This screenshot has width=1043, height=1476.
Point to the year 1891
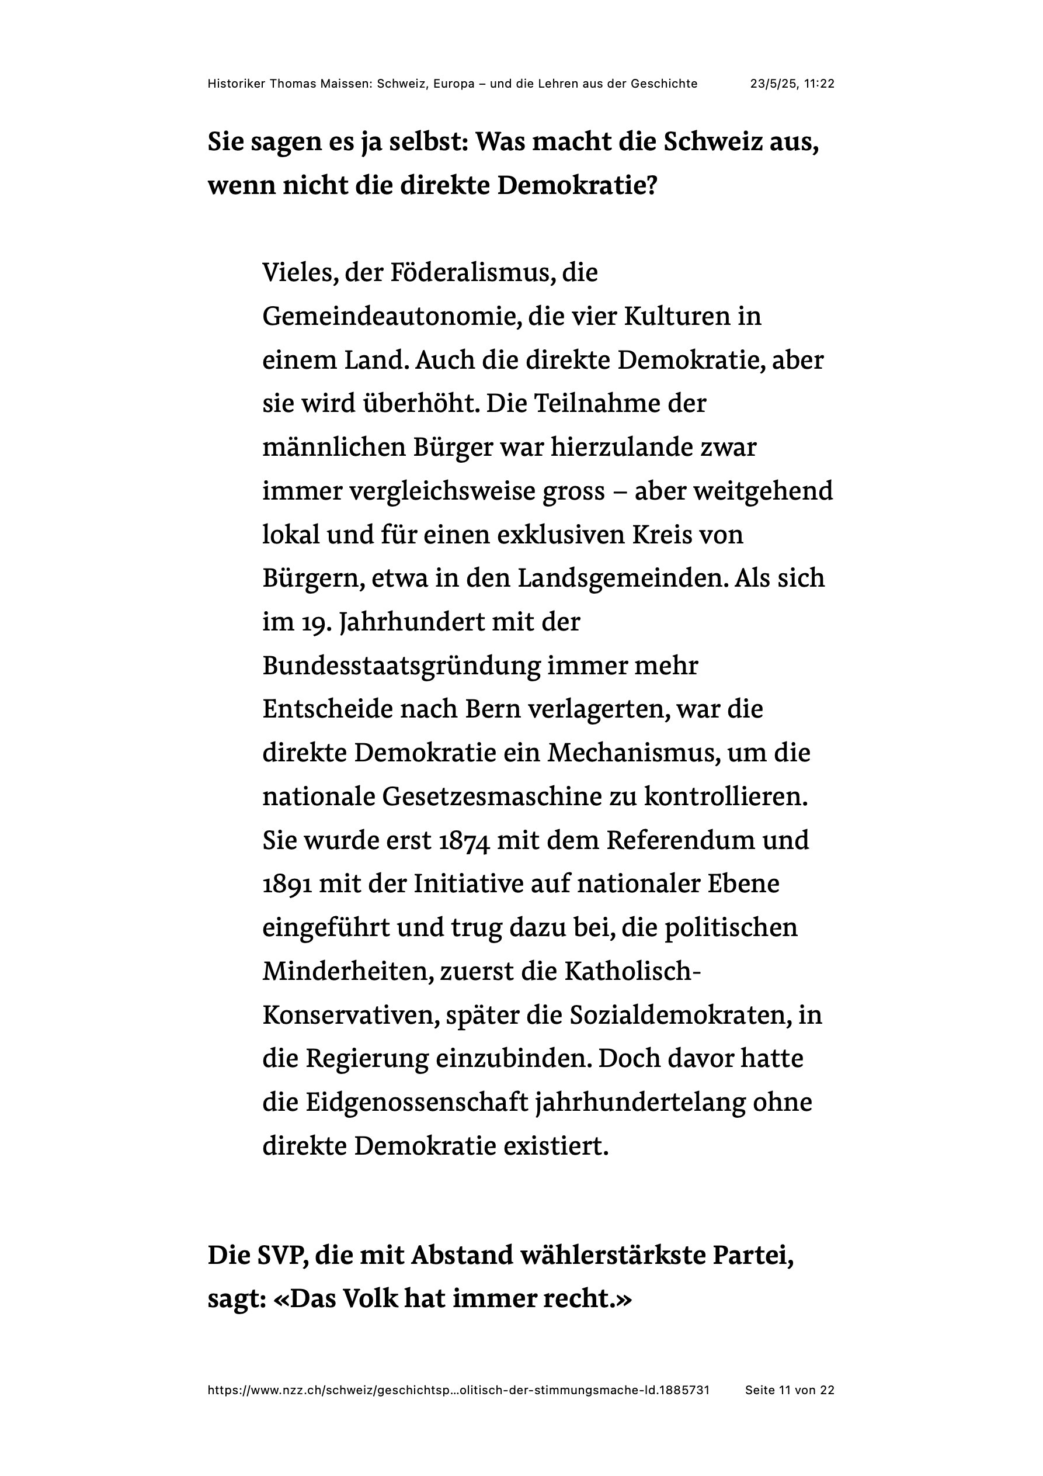click(287, 885)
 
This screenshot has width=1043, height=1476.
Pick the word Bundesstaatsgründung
click(402, 666)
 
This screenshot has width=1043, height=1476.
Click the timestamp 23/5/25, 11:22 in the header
click(792, 84)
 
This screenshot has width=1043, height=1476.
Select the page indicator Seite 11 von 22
click(789, 1390)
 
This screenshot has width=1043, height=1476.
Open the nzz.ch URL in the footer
click(458, 1390)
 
